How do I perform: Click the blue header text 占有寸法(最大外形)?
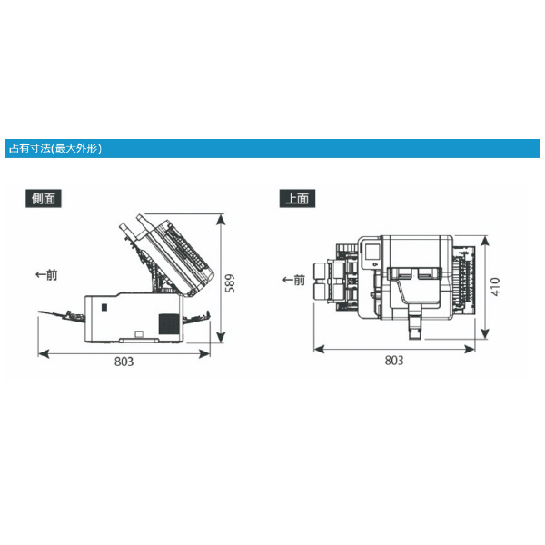[x=55, y=149]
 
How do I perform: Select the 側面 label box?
[x=44, y=198]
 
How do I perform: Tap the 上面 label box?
[x=297, y=198]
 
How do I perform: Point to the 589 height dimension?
[x=230, y=283]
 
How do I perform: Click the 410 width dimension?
[x=495, y=287]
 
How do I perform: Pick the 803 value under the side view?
[x=124, y=362]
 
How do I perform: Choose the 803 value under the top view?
[x=394, y=361]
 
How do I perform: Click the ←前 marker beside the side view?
[x=46, y=275]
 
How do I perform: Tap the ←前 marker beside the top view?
[x=293, y=280]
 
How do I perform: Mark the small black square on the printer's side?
[x=104, y=307]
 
